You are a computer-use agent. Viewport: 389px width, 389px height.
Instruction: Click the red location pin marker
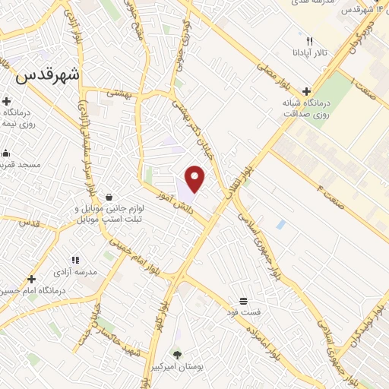pos(195,178)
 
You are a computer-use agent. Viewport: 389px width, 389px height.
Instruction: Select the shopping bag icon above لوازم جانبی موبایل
pos(111,197)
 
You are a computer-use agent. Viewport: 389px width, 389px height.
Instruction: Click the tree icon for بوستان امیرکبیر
pos(177,355)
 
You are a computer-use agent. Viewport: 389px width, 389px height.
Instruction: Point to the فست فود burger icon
pos(242,300)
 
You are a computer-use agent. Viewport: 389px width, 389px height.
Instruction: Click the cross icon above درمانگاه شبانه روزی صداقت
pos(306,90)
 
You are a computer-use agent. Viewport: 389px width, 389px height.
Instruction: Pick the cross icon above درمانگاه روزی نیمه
pos(7,101)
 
